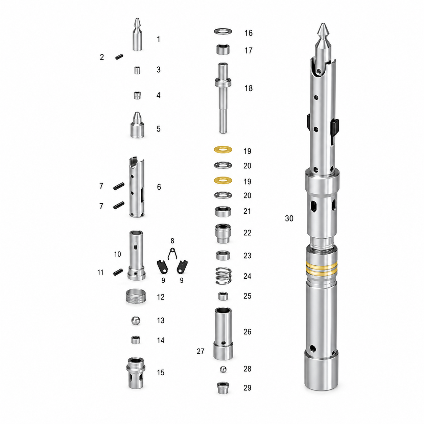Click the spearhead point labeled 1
[x=137, y=34]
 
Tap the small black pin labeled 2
[x=119, y=57]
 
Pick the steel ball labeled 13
[x=136, y=321]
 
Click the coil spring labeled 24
[x=223, y=276]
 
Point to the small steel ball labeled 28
[x=223, y=370]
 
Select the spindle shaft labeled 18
[x=223, y=98]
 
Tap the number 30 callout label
[x=289, y=218]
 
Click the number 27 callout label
[x=200, y=351]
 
